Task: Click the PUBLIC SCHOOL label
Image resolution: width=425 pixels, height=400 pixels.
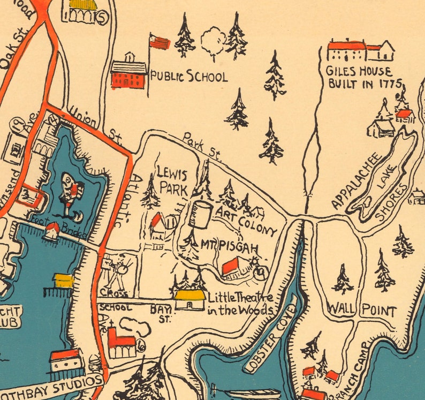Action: pyautogui.click(x=188, y=76)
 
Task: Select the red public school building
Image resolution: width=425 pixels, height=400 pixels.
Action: pyautogui.click(x=128, y=76)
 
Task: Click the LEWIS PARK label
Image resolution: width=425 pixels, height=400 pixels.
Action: pyautogui.click(x=172, y=180)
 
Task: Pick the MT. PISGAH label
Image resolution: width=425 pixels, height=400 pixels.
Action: pyautogui.click(x=229, y=247)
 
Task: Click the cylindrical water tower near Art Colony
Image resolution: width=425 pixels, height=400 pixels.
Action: pyautogui.click(x=201, y=214)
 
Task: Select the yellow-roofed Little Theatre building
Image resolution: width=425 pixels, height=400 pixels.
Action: pyautogui.click(x=189, y=299)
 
